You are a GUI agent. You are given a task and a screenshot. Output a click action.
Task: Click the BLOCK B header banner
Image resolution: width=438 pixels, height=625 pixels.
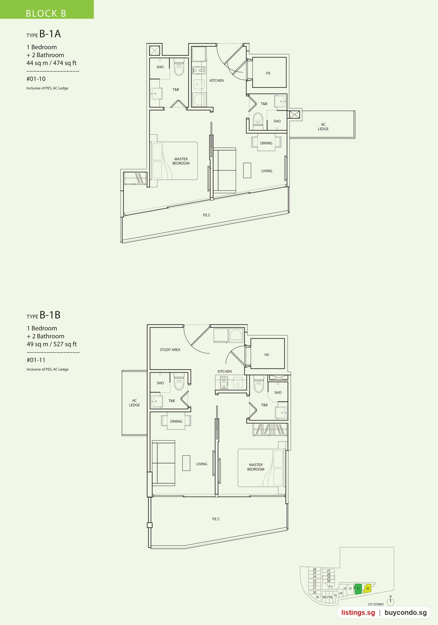click(47, 9)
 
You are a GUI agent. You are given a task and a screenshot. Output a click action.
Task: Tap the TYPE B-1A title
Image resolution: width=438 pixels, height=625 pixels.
click(44, 34)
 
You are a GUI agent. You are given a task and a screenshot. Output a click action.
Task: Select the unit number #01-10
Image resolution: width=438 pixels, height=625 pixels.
click(36, 79)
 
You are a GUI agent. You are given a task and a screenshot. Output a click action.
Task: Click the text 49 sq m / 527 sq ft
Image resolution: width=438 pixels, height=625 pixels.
click(52, 344)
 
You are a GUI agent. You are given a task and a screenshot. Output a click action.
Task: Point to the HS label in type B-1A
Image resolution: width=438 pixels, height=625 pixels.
click(268, 73)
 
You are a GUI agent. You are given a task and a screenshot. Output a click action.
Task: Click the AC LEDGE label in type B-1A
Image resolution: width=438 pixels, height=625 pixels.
click(323, 127)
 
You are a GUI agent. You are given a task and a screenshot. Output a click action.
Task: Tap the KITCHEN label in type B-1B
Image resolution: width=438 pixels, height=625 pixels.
click(224, 371)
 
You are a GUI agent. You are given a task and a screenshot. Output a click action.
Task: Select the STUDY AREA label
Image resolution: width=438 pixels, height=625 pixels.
click(170, 350)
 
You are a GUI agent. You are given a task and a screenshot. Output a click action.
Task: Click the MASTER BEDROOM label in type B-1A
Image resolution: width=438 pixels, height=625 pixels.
click(181, 161)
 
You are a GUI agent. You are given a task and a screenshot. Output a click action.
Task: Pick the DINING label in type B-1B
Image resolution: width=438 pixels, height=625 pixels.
click(176, 421)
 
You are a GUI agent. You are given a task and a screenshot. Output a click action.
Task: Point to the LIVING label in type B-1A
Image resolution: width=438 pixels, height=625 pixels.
click(267, 171)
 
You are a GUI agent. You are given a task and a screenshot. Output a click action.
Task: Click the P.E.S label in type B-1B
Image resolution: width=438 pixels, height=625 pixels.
click(216, 519)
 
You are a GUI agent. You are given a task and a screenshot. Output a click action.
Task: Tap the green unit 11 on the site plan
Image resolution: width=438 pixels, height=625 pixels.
click(358, 589)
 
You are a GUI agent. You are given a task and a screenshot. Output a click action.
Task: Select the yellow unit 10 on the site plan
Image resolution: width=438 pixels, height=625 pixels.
click(367, 588)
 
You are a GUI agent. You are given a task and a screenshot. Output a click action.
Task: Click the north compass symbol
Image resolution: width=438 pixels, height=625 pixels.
click(390, 601)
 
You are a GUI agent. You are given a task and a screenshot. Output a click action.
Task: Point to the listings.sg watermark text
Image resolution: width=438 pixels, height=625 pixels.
click(358, 612)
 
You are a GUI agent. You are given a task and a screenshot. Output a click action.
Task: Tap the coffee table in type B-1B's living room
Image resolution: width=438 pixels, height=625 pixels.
click(186, 463)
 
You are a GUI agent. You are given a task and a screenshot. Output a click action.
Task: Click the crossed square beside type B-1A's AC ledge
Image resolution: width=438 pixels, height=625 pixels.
click(295, 114)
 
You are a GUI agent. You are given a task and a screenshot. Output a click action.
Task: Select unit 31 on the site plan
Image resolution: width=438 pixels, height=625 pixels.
click(330, 586)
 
